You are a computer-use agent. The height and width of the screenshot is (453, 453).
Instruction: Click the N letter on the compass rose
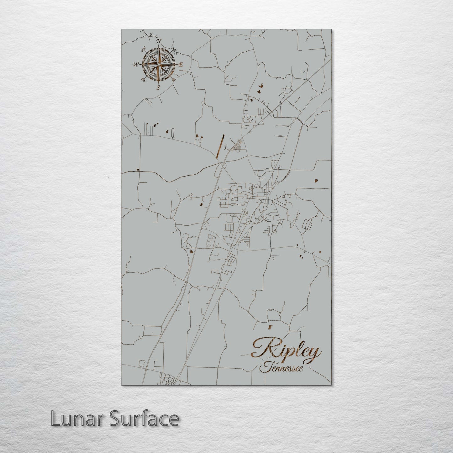click(159, 41)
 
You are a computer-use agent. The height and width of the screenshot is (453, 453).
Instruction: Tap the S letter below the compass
click(158, 87)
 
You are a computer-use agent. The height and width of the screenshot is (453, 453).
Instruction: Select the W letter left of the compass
click(136, 65)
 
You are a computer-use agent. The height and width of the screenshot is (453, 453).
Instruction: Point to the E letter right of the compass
click(181, 65)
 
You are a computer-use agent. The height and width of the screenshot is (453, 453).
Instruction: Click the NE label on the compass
click(174, 50)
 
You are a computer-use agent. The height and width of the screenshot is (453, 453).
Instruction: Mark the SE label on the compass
click(174, 79)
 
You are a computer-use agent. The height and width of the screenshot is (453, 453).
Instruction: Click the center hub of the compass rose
click(159, 64)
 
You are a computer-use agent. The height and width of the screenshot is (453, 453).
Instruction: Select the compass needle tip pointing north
click(159, 46)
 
